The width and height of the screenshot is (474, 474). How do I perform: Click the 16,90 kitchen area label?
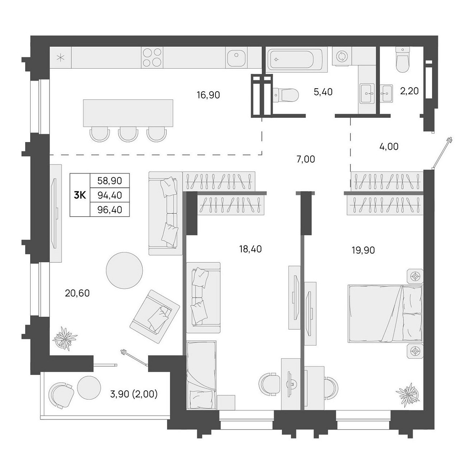pyautogui.click(x=208, y=95)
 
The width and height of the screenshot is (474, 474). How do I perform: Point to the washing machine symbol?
pyautogui.click(x=341, y=56)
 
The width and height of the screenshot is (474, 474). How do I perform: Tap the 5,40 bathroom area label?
pyautogui.click(x=323, y=92)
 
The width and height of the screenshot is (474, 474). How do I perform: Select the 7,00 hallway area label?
pyautogui.click(x=306, y=159)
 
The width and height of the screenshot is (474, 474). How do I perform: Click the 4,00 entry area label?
pyautogui.click(x=389, y=147)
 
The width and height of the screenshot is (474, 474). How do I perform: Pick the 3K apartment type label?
pyautogui.click(x=80, y=195)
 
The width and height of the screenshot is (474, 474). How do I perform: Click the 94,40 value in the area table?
pyautogui.click(x=110, y=195)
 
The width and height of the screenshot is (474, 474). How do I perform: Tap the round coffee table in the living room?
pyautogui.click(x=124, y=270)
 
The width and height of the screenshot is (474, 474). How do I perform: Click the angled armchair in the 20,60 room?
pyautogui.click(x=155, y=316)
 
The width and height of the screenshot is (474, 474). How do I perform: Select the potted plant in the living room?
pyautogui.click(x=65, y=338)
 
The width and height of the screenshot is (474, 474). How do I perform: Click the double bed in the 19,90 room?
pyautogui.click(x=385, y=314)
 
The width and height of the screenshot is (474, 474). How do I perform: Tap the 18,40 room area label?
pyautogui.click(x=250, y=249)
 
